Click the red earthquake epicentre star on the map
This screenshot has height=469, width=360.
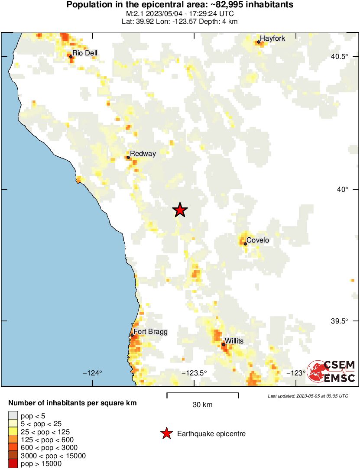coord(180,210)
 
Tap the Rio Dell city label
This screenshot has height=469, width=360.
coord(85,53)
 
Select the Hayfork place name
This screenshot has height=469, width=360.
coord(272,39)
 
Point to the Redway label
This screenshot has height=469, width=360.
coord(143,153)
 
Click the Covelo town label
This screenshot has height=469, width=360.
coord(258,240)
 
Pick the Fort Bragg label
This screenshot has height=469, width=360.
coord(150,332)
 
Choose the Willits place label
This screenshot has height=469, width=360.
coord(234,341)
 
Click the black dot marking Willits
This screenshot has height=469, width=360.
coord(224,344)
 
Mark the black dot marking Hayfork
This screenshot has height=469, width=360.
coord(259,42)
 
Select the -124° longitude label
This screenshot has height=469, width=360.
coord(94,373)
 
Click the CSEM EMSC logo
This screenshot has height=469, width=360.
coord(331,371)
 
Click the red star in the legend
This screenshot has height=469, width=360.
coord(166,433)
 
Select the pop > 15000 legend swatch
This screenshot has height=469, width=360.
coord(13,464)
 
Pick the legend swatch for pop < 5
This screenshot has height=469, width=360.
coord(13,416)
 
